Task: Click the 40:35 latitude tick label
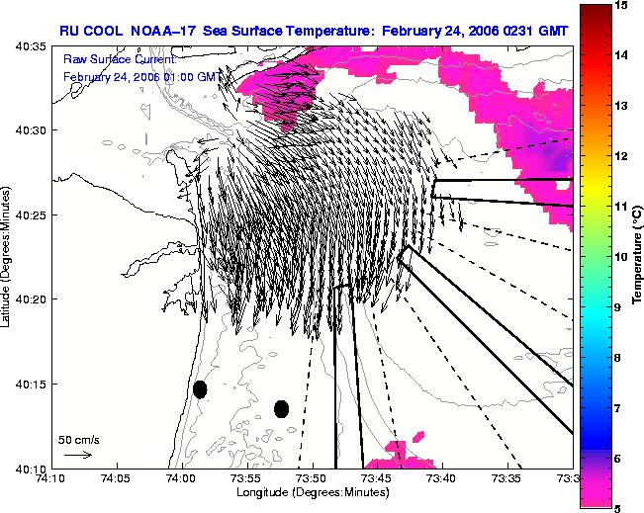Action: pyautogui.click(x=30, y=46)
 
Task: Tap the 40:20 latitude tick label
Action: pyautogui.click(x=30, y=299)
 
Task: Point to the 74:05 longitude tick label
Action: pyautogui.click(x=118, y=478)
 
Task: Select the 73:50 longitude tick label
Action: pyautogui.click(x=313, y=478)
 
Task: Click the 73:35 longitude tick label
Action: pyautogui.click(x=508, y=478)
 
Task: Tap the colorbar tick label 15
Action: pyautogui.click(x=622, y=5)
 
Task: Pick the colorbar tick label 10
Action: pyautogui.click(x=622, y=257)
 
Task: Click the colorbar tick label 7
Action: pyautogui.click(x=617, y=408)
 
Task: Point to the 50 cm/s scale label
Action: pyautogui.click(x=79, y=441)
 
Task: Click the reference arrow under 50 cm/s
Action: pyautogui.click(x=78, y=455)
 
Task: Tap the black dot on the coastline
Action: pyautogui.click(x=200, y=389)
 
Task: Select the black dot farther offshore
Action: pyautogui.click(x=281, y=409)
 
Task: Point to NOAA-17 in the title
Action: pyautogui.click(x=163, y=32)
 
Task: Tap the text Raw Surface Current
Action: pyautogui.click(x=120, y=59)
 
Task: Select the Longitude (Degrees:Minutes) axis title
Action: pyautogui.click(x=313, y=492)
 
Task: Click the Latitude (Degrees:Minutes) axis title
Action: pyautogui.click(x=5, y=257)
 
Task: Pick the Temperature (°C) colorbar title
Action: pyautogui.click(x=637, y=255)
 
